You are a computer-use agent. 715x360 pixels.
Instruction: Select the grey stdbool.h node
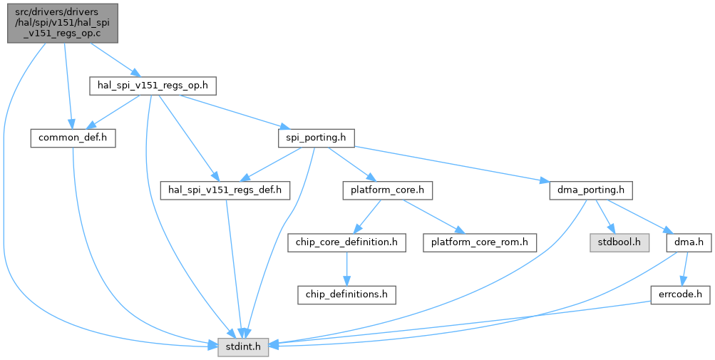point(616,242)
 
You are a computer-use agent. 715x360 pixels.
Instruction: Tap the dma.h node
point(689,242)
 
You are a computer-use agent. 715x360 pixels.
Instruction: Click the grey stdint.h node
point(242,348)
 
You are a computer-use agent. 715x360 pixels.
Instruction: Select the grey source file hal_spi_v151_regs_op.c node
point(62,21)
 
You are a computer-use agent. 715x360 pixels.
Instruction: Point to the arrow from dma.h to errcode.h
point(684,269)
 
